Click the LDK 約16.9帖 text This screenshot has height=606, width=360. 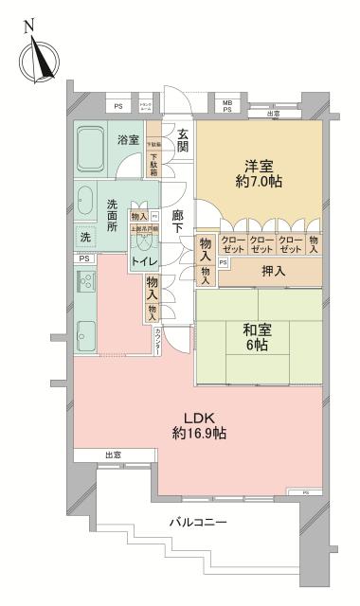pos(199,425)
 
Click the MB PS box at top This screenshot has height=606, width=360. pos(227,106)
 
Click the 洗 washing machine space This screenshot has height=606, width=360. pos(85,237)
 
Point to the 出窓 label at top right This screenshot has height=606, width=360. pos(274,114)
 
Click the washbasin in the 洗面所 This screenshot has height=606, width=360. pos(84,202)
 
